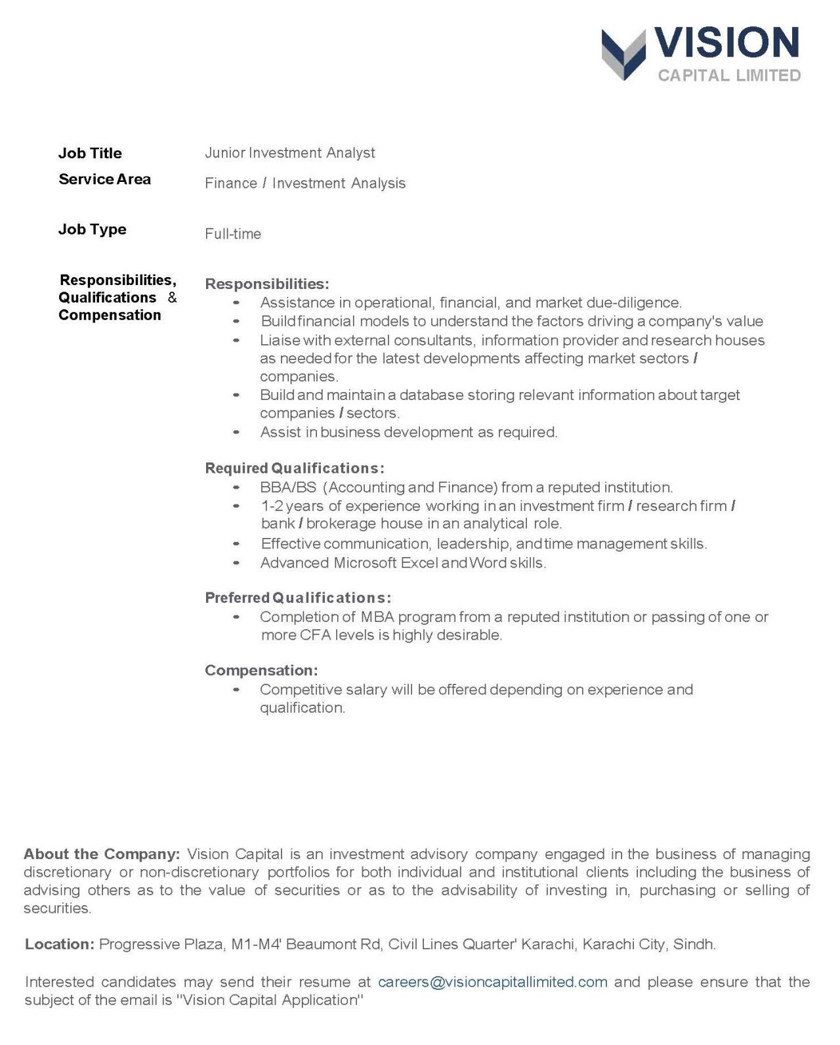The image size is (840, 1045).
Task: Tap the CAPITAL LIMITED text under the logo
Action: tap(729, 76)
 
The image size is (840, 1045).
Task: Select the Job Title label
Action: tap(90, 153)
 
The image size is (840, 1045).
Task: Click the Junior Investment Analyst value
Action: tap(289, 153)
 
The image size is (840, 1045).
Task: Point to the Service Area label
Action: tap(104, 179)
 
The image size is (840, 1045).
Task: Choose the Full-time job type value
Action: tap(233, 234)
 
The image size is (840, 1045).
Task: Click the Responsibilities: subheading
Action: tap(267, 284)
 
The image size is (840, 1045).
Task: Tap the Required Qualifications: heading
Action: tap(295, 468)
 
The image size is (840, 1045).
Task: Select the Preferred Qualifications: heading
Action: tap(298, 598)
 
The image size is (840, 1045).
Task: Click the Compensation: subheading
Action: tap(261, 671)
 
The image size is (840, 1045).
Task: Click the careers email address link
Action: tap(493, 982)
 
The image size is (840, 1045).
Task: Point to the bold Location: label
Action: tap(60, 945)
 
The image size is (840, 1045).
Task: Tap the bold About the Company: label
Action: tap(102, 855)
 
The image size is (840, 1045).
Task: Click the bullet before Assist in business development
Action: tap(236, 432)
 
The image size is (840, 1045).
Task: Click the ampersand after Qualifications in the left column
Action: tap(172, 298)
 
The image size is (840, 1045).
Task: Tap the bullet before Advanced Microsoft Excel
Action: tap(236, 563)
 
